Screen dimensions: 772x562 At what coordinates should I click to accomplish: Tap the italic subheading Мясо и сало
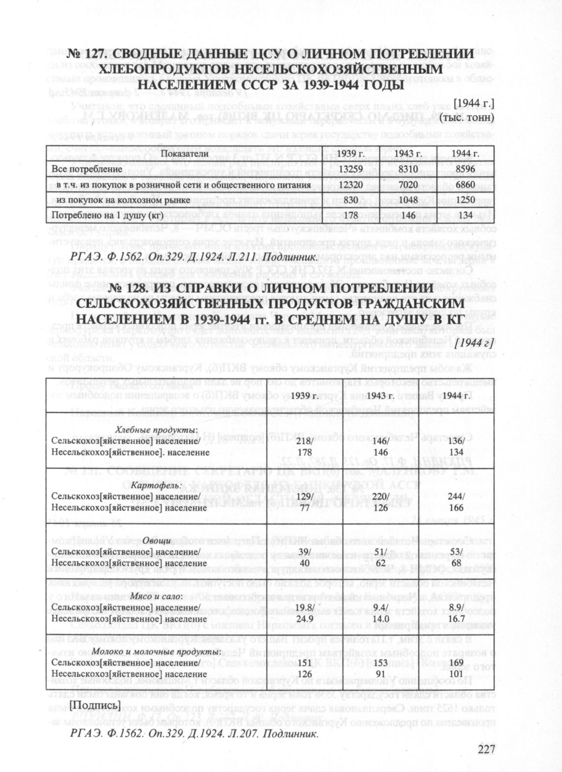tap(156, 596)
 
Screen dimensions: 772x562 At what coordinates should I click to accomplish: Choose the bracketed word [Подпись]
tap(95, 705)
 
